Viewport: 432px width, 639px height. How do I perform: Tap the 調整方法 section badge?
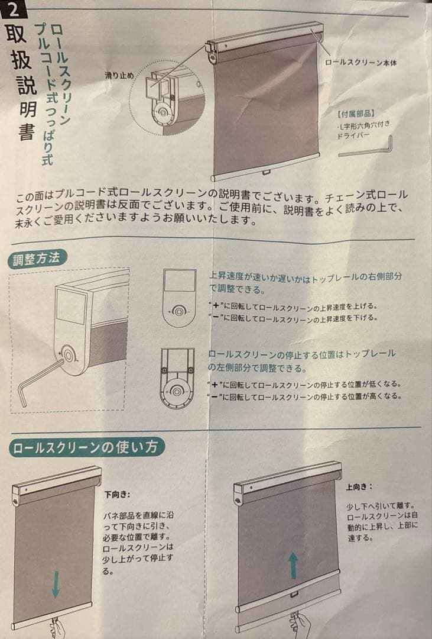38,259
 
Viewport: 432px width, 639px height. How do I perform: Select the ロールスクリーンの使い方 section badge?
86,447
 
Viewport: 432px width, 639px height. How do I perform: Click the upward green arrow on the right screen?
293,566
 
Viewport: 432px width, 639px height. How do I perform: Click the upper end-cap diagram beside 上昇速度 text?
179,296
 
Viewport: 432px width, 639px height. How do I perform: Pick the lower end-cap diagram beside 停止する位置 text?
177,377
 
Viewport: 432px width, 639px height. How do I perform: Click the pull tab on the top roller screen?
266,173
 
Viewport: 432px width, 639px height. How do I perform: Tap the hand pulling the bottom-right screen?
300,624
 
